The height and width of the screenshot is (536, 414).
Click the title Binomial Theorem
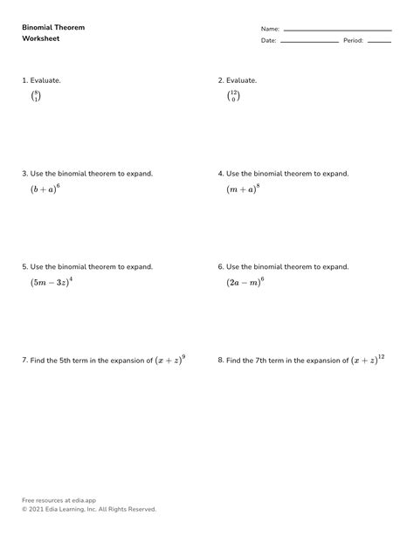[x=53, y=27]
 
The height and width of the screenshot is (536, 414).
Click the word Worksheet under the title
[x=41, y=39]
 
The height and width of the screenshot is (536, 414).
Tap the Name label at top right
[x=269, y=29]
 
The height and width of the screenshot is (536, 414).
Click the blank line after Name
[x=337, y=30]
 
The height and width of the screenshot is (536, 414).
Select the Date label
[x=268, y=41]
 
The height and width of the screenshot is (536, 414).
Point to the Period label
[x=353, y=41]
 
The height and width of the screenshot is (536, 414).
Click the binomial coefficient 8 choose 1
[x=36, y=96]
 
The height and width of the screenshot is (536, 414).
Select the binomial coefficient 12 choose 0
[x=233, y=96]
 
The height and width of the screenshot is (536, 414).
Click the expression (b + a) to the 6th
[x=43, y=188]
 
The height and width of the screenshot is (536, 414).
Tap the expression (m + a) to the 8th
[x=243, y=188]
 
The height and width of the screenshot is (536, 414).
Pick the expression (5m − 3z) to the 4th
[x=51, y=281]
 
